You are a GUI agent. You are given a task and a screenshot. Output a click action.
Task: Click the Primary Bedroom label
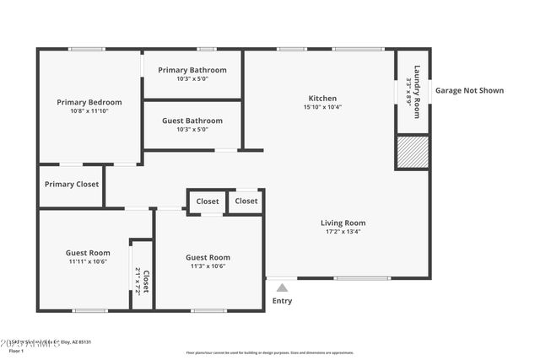89,102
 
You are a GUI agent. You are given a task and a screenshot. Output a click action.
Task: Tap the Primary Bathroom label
196,70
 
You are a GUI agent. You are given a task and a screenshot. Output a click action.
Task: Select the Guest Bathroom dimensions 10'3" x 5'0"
193,130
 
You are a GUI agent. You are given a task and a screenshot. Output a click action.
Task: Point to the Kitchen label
322,98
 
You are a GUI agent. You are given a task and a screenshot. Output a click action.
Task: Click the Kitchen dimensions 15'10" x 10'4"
322,107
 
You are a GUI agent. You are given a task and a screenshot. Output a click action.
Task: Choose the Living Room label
343,223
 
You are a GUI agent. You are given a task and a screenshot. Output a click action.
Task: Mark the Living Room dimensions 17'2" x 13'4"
343,233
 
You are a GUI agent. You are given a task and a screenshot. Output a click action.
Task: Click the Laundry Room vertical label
417,85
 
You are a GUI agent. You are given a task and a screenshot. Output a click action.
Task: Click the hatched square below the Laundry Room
413,153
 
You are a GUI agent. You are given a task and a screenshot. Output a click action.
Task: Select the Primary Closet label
72,184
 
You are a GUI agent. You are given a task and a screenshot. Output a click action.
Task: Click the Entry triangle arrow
282,288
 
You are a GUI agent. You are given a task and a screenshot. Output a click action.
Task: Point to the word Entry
282,300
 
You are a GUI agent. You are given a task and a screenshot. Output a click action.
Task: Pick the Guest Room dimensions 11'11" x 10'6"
88,261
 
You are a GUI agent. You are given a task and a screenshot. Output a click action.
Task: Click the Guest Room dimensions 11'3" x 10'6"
208,266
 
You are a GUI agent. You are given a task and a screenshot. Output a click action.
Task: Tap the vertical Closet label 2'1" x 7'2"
142,280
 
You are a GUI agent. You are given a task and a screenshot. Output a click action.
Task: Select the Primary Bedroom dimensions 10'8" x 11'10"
89,111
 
